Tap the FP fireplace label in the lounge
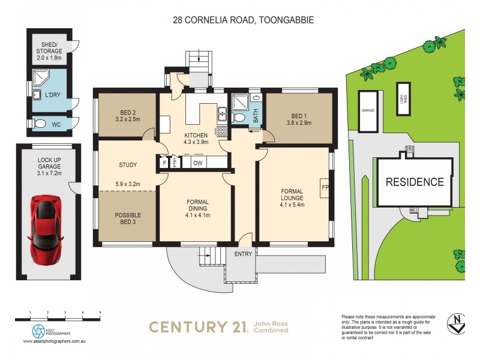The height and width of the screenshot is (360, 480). tap(325, 188)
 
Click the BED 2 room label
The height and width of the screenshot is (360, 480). tap(127, 115)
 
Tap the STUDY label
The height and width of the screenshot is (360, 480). tap(128, 165)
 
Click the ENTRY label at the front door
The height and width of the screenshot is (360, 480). tap(243, 254)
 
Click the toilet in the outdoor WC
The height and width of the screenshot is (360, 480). tap(40, 124)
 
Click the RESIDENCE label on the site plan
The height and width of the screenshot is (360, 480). tap(414, 182)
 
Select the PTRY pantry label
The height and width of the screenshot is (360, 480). tap(174, 163)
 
